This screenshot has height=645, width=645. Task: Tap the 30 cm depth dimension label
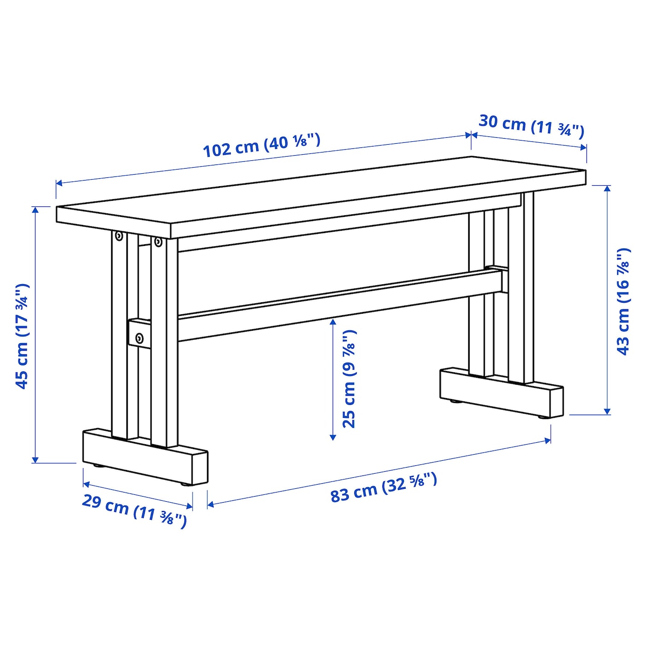(x=531, y=127)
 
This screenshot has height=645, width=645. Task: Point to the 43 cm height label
(x=623, y=301)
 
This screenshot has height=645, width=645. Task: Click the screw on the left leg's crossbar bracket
(x=139, y=338)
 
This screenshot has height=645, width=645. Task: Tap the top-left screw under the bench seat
(x=118, y=236)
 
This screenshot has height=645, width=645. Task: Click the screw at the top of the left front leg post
(x=158, y=242)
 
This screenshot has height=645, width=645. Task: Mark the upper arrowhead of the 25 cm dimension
(x=333, y=322)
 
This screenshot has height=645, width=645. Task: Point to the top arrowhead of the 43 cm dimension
(x=608, y=188)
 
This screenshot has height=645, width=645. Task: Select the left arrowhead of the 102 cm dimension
(x=59, y=183)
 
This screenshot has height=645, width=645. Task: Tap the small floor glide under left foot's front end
(x=184, y=484)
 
